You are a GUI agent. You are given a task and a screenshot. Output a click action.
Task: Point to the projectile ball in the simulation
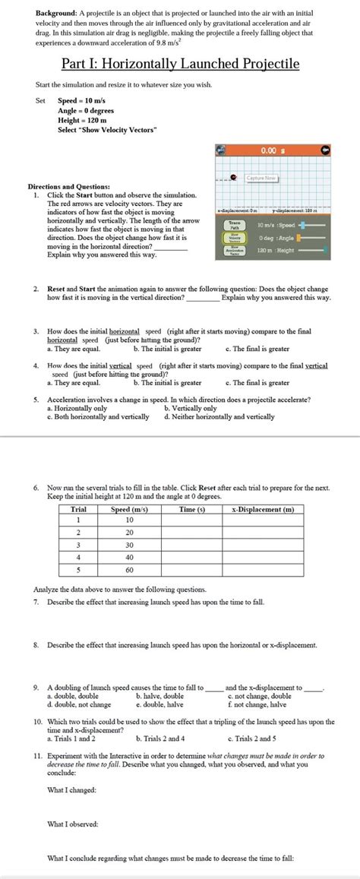[x=233, y=179]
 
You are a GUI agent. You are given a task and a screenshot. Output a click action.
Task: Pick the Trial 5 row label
[x=77, y=569]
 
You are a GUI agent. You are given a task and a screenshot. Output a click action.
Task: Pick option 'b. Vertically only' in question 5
[x=190, y=408]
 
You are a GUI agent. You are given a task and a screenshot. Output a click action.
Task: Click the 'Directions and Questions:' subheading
[x=68, y=186]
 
